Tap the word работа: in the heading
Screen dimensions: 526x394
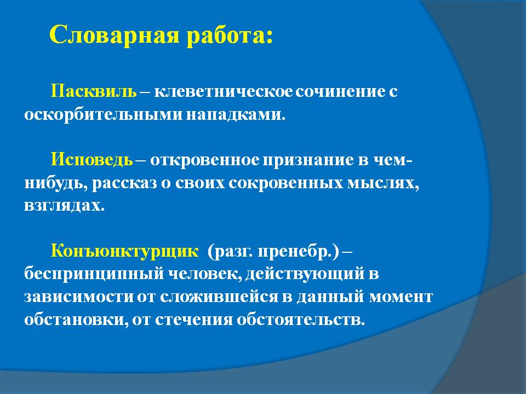[x=230, y=35]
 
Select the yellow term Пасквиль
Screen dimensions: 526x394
[x=94, y=91]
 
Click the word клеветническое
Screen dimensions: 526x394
[x=223, y=91]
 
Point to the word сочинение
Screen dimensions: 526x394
[x=340, y=91]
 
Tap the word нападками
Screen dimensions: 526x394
[x=236, y=115]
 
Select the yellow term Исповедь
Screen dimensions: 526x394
[x=92, y=160]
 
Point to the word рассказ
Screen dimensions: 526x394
[x=124, y=184]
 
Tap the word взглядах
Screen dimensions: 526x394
[x=64, y=205]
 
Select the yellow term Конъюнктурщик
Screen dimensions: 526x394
[x=124, y=251]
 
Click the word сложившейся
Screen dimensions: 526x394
[x=219, y=297]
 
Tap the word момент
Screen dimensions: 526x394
[x=401, y=297]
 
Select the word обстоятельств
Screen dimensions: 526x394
[x=301, y=320]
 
